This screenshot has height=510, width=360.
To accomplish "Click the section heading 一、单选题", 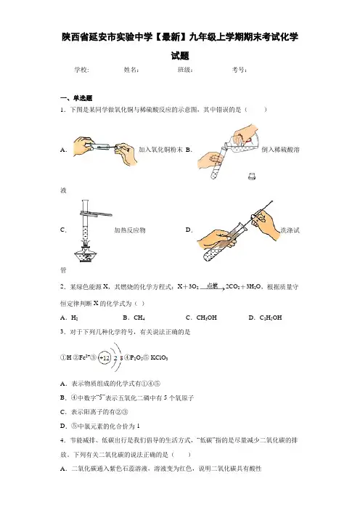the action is point(76,98).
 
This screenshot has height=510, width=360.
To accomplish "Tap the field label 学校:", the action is point(81,70).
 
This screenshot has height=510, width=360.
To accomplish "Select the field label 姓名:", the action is point(131,70).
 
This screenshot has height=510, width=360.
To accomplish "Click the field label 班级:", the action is point(186,70).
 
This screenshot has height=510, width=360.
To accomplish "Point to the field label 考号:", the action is point(240,70).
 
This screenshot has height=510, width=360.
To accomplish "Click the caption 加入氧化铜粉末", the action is point(161,150).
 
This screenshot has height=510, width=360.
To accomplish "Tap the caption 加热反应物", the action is point(130,230).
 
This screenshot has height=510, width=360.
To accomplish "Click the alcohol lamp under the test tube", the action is point(85,254).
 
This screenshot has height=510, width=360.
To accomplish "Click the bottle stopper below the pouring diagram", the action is point(251,176).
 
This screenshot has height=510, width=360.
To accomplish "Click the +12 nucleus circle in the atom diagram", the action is point(104,357).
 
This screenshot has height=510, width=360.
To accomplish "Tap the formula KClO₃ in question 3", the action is point(159,357).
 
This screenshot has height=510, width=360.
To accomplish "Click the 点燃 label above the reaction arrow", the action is point(212,286).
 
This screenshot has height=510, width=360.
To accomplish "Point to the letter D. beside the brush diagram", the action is point(189,230).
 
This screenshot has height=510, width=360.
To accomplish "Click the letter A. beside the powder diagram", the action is point(64,150).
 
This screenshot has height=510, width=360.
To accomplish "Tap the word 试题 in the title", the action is point(180,56).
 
